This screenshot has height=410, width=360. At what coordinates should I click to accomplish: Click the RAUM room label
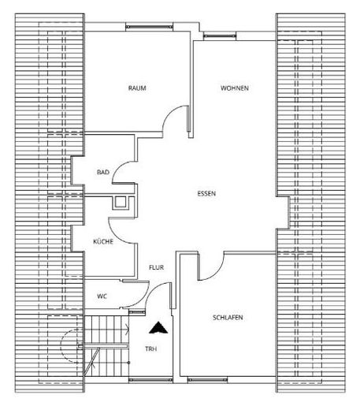pyautogui.click(x=137, y=88)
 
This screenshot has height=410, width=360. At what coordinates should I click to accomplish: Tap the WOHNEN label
pyautogui.click(x=235, y=88)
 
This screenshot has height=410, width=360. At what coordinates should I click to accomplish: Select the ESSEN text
pyautogui.click(x=206, y=194)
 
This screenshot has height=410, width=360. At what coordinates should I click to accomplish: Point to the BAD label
pyautogui.click(x=103, y=173)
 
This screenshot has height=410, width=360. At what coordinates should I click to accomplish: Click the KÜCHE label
pyautogui.click(x=103, y=241)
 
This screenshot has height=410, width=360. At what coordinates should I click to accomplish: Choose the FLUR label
pyautogui.click(x=157, y=267)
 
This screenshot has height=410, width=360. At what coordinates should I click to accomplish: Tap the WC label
pyautogui.click(x=102, y=296)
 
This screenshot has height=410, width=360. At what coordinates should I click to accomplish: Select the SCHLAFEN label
pyautogui.click(x=228, y=318)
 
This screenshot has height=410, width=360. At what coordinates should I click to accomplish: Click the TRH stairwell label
pyautogui.click(x=151, y=349)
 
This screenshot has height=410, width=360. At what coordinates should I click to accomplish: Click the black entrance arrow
pyautogui.click(x=158, y=328)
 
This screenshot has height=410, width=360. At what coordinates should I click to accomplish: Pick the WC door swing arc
pyautogui.click(x=142, y=301)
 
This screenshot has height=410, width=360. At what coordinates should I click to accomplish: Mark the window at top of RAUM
pyautogui.click(x=149, y=27)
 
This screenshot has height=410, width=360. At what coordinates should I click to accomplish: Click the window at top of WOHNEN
pyautogui.click(x=220, y=35)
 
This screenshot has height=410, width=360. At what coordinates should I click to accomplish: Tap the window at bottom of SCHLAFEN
pyautogui.click(x=207, y=379)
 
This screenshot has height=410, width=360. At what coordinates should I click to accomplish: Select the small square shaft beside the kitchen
pyautogui.click(x=121, y=203)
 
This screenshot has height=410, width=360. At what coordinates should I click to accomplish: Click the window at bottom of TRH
pyautogui.click(x=150, y=379)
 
